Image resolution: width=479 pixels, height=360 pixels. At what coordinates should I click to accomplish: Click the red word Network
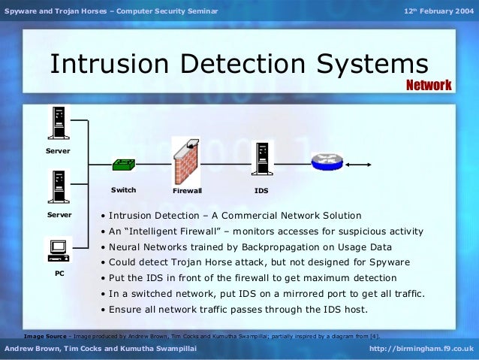tap(429, 85)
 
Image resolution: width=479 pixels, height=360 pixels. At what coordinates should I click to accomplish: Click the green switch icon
tap(123, 165)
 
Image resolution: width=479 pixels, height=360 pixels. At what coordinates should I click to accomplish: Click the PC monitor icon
tap(59, 248)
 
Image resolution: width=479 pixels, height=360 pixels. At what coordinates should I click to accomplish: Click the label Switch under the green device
tap(123, 190)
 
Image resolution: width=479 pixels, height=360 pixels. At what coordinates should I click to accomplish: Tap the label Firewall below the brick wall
tap(187, 191)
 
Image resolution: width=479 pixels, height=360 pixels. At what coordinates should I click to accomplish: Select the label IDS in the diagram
tap(261, 191)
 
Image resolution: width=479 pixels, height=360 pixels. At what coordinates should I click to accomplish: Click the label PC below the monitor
tap(59, 274)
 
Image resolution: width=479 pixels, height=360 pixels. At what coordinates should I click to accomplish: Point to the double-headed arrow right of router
tap(359, 164)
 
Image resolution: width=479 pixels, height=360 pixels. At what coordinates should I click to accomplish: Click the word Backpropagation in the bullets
tap(268, 247)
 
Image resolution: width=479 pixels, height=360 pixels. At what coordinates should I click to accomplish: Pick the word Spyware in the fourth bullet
tap(388, 262)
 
